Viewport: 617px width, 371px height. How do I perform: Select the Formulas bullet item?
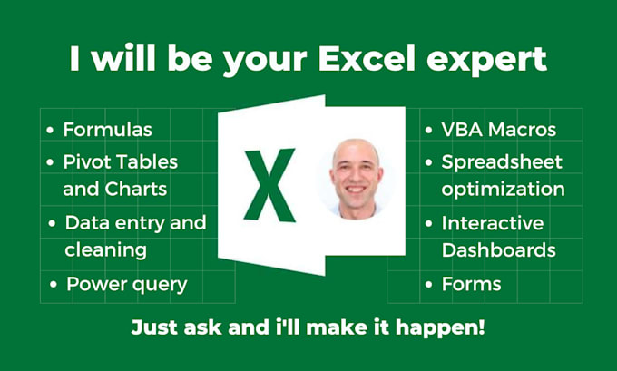107,130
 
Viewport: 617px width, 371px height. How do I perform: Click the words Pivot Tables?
120,161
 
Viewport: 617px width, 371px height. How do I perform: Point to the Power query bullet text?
126,284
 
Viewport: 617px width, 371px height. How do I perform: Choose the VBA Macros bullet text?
498,130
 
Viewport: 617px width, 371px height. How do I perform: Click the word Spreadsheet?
502,161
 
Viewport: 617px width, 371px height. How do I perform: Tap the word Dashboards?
498,249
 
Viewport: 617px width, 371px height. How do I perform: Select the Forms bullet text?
471,284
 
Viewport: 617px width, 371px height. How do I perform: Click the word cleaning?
105,249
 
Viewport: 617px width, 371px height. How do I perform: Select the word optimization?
503,189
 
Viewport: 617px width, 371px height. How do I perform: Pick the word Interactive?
493,222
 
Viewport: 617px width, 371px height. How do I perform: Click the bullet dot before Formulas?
50,131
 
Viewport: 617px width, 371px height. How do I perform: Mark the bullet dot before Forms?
428,285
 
